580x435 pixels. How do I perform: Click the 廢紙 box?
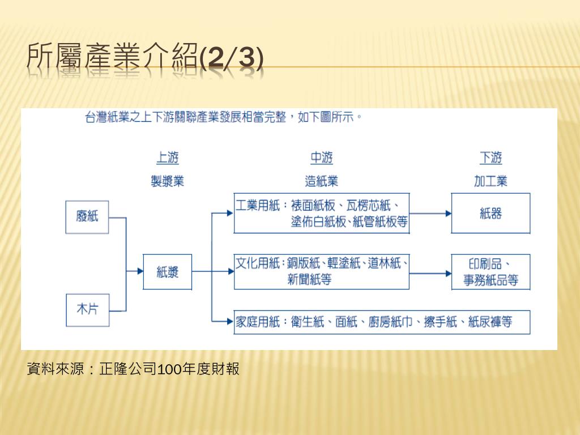(x=87, y=216)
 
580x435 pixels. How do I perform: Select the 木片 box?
(x=87, y=310)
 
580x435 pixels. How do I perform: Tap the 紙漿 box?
(x=168, y=272)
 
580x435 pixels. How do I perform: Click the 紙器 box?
(x=491, y=213)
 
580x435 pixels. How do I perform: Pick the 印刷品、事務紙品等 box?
(x=491, y=272)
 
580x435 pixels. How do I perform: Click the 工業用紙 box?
(x=321, y=213)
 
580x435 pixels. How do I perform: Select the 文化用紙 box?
(x=321, y=272)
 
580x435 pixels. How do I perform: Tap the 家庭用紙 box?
(x=382, y=322)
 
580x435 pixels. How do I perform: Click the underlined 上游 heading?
(x=167, y=157)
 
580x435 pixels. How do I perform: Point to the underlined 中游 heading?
(x=321, y=157)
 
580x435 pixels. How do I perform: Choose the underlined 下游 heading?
(x=491, y=157)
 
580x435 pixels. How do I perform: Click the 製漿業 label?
(x=167, y=181)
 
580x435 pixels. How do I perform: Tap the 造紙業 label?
(x=321, y=181)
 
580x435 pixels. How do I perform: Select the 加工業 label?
(x=491, y=181)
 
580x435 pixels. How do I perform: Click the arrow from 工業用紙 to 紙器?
(x=430, y=214)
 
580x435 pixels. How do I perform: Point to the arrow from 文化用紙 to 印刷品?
(x=430, y=272)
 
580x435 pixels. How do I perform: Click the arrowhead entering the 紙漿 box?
(x=139, y=271)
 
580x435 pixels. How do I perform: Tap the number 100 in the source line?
(x=169, y=370)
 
